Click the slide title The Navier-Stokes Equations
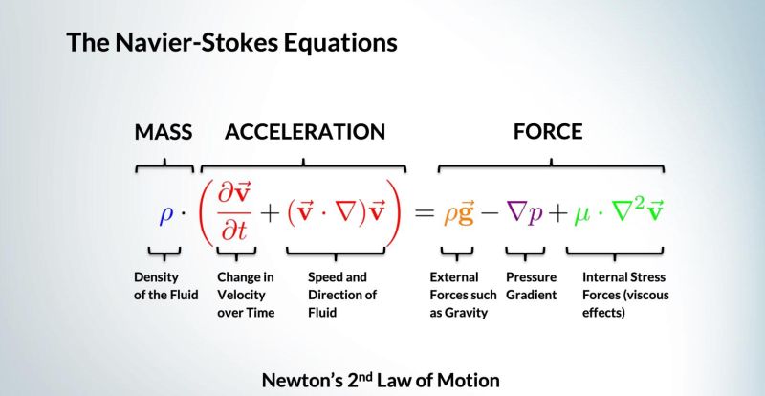[x=231, y=43]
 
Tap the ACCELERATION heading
[x=304, y=132]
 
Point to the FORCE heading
[x=547, y=132]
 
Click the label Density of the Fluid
[x=165, y=286]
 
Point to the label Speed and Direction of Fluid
[x=341, y=295]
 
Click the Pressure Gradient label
[x=531, y=286]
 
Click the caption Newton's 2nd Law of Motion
[x=381, y=380]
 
